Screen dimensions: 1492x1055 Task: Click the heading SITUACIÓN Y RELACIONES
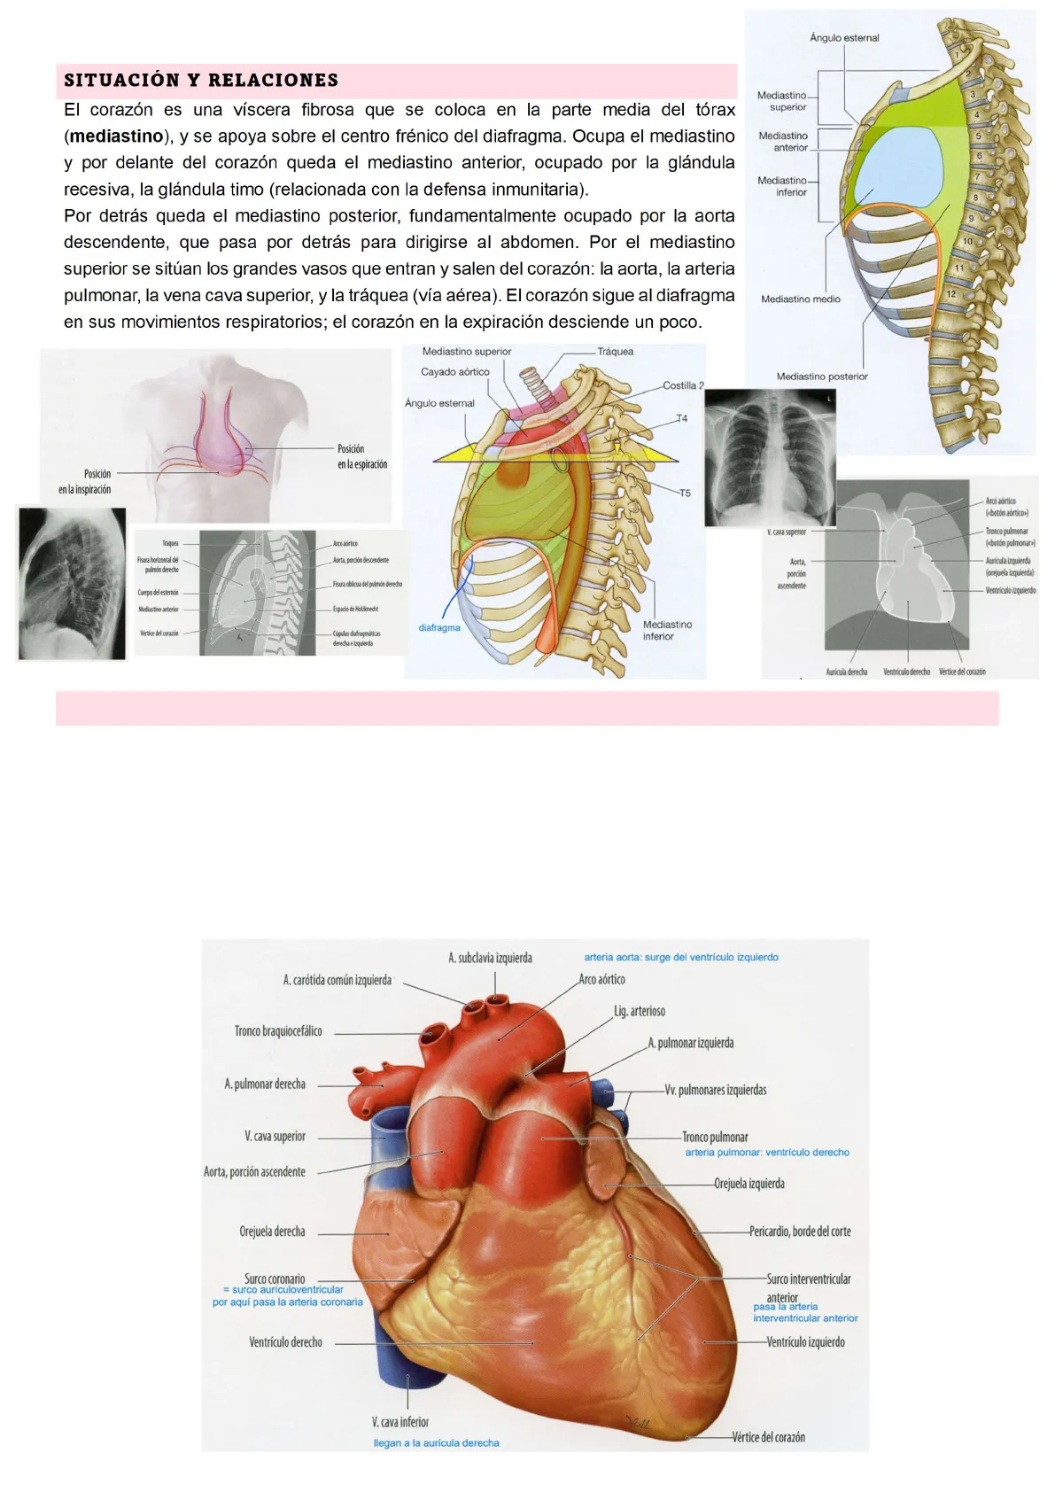[201, 81]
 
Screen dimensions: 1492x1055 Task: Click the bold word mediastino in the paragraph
[116, 136]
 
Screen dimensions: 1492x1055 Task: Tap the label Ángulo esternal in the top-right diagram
[844, 38]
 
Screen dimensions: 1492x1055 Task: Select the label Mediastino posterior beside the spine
[822, 377]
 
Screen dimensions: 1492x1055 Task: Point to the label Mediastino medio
[801, 299]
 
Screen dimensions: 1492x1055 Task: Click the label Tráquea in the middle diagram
[616, 352]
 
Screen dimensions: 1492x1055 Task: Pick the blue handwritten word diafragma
[439, 628]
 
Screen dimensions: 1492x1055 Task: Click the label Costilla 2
[683, 385]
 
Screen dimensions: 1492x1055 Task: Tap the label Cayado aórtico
[455, 372]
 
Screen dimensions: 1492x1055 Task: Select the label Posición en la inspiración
[86, 482]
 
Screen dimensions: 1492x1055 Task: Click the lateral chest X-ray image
[72, 584]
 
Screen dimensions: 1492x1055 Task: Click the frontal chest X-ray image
[770, 458]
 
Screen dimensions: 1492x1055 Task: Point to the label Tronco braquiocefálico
[278, 1031]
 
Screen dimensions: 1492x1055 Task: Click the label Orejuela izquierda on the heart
[749, 1184]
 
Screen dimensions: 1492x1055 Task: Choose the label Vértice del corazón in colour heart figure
[768, 1437]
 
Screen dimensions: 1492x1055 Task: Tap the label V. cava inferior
[400, 1422]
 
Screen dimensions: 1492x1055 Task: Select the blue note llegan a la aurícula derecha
[436, 1443]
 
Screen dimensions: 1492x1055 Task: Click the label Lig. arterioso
[640, 1011]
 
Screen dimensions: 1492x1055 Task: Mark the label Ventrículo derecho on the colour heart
[285, 1342]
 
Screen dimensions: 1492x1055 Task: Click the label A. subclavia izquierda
[490, 958]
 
